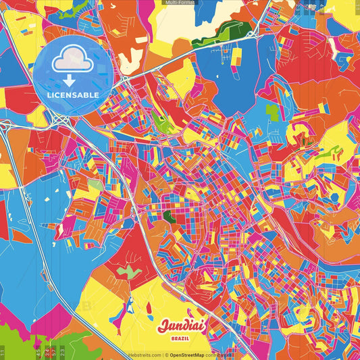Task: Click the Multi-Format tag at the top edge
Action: click(180, 3)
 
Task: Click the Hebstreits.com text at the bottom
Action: click(145, 355)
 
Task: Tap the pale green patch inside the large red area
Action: click(126, 272)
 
